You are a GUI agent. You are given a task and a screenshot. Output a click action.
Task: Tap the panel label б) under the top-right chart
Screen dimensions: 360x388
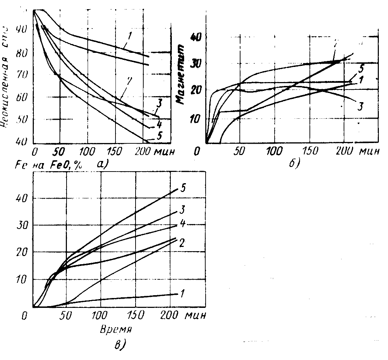(x=293, y=163)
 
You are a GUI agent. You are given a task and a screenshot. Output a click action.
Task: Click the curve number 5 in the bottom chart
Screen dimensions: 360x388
(x=183, y=188)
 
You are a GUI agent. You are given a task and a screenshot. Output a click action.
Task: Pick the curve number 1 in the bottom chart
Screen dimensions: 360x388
(x=182, y=293)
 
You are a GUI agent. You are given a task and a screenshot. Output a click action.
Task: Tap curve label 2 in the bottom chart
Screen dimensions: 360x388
(x=183, y=243)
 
